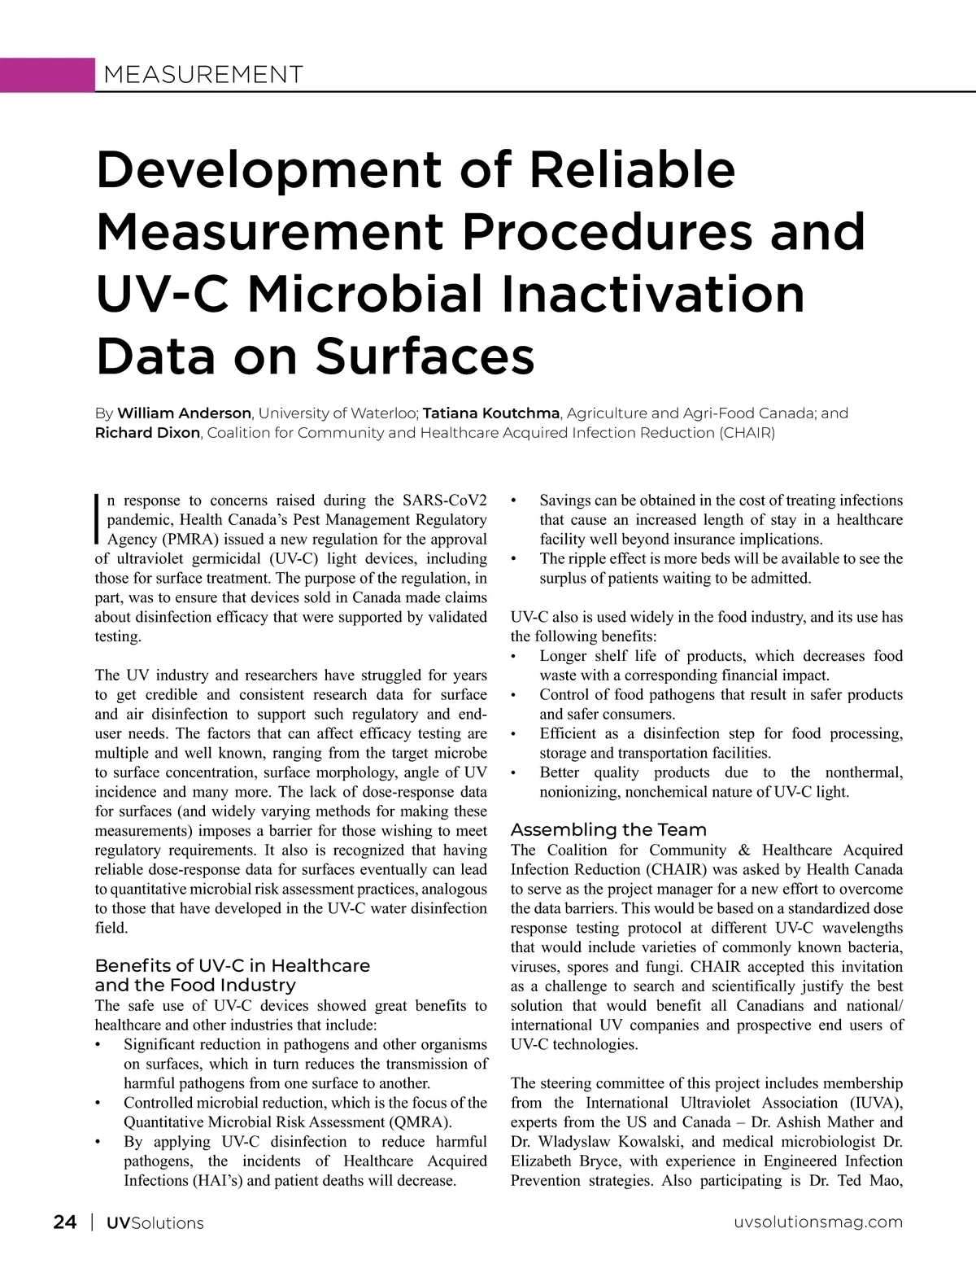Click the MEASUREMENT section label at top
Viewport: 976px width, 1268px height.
[x=203, y=75]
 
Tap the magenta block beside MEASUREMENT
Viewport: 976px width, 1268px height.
[x=47, y=75]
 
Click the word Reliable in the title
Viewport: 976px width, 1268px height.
[x=632, y=169]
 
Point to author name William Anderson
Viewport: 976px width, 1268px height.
[x=184, y=413]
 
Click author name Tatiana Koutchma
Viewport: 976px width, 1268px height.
[x=491, y=413]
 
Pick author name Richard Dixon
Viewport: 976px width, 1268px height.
[x=147, y=433]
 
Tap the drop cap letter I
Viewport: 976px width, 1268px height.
[x=98, y=518]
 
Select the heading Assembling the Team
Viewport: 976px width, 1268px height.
[x=608, y=829]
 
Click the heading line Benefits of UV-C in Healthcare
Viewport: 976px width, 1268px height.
[x=232, y=965]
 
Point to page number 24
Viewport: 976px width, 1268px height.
[x=65, y=1222]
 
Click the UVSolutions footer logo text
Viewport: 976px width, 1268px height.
[x=155, y=1222]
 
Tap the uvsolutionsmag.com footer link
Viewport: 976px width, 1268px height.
[x=818, y=1222]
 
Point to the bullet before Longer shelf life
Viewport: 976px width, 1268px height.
[x=513, y=656]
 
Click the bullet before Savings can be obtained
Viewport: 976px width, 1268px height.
[x=513, y=501]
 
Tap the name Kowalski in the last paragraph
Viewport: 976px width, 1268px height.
[x=648, y=1142]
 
